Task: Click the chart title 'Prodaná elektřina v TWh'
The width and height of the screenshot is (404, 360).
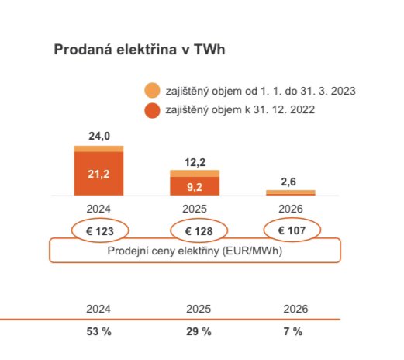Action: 140,50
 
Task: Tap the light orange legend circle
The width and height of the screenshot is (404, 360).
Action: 153,91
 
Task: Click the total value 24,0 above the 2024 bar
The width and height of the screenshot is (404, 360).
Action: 98,137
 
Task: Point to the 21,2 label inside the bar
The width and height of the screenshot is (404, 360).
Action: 98,174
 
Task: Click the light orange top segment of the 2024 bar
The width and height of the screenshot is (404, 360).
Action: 98,148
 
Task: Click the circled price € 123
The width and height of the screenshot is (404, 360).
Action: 98,230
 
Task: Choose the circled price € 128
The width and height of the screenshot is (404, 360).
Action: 199,230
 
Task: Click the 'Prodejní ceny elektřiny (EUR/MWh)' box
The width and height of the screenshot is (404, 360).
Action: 195,251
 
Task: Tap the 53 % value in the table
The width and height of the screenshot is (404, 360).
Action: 98,331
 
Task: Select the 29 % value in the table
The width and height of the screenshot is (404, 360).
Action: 199,331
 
